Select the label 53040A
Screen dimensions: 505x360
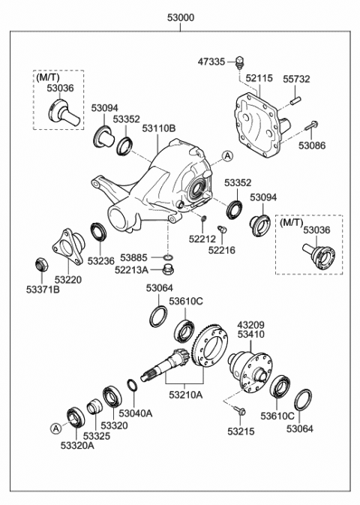click(137, 412)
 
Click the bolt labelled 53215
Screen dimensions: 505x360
click(240, 410)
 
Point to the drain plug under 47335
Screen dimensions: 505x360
click(241, 62)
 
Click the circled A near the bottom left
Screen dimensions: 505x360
click(55, 428)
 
